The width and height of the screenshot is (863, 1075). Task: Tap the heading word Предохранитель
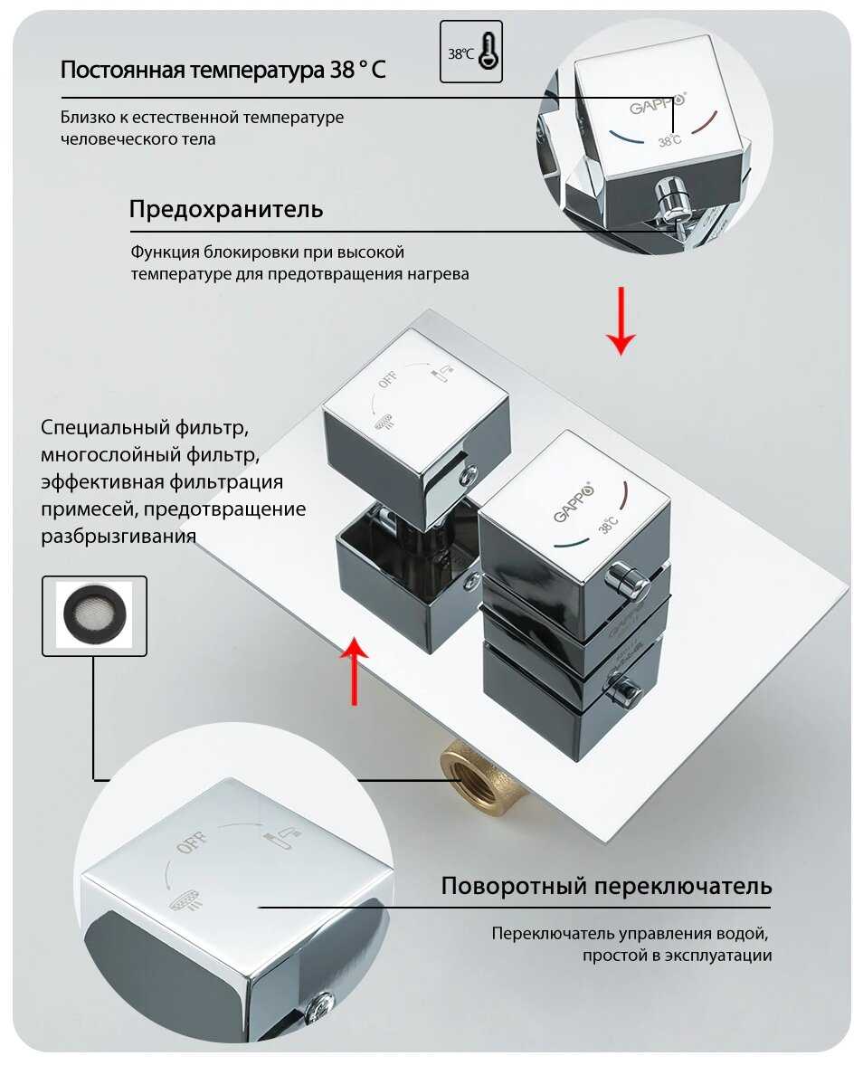tap(225, 210)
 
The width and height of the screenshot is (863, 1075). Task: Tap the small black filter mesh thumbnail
tap(94, 614)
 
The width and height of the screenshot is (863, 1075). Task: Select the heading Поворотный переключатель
tap(606, 885)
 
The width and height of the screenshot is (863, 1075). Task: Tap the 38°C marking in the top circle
tap(670, 141)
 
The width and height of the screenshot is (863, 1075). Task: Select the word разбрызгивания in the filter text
tap(119, 537)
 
